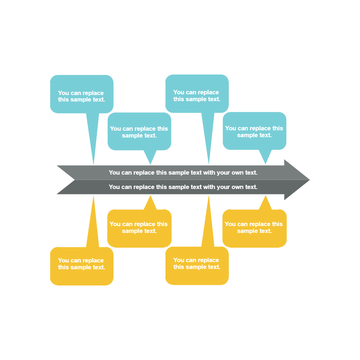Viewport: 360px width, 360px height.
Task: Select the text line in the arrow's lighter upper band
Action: (183, 173)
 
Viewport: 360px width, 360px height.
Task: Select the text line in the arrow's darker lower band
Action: (183, 187)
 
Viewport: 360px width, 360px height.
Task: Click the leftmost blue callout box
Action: (82, 94)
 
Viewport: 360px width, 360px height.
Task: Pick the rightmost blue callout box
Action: (254, 131)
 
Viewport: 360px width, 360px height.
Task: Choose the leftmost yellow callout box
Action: (82, 266)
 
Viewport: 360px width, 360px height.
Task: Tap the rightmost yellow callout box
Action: (254, 228)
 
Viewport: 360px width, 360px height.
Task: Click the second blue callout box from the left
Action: (139, 131)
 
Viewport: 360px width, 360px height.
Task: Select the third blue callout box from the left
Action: (197, 94)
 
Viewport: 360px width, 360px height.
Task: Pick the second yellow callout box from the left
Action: (139, 228)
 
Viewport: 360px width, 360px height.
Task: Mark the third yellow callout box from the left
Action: (197, 265)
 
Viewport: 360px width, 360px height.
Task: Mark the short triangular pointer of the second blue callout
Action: (150, 157)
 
